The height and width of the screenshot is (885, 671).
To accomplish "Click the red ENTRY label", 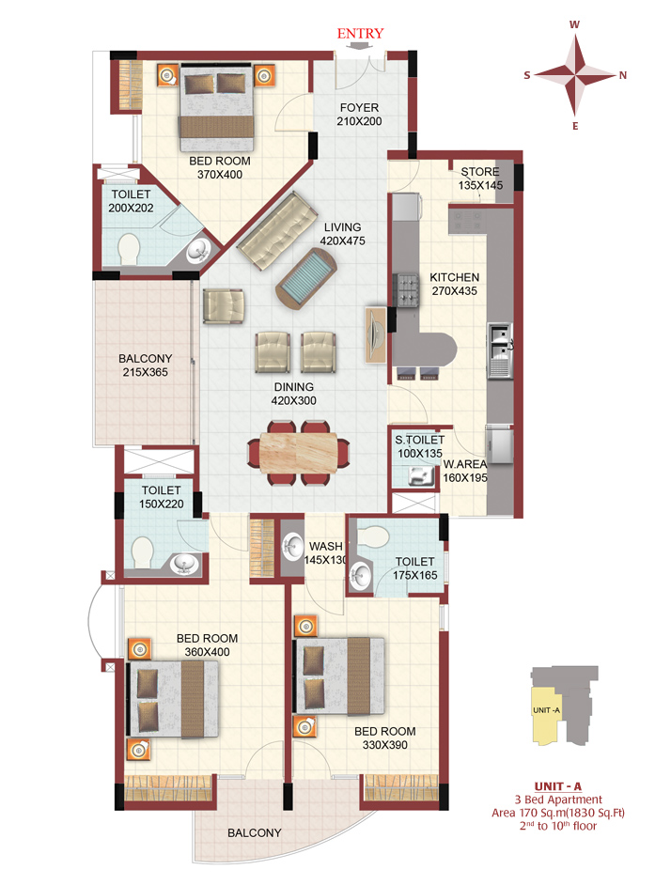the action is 360,33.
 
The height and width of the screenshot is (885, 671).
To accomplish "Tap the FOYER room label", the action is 359,107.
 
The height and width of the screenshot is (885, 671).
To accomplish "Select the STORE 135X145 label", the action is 480,179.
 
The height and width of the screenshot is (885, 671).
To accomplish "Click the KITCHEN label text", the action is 454,277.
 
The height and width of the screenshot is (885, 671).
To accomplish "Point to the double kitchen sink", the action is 499,349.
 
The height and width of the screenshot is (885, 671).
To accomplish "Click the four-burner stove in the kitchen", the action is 407,289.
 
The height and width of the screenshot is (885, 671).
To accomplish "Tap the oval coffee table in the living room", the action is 306,279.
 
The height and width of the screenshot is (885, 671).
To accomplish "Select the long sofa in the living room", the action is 277,231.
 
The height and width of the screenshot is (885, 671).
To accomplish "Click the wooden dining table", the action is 298,452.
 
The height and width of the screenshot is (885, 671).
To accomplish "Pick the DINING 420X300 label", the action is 294,394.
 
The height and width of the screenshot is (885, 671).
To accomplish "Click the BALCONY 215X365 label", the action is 145,365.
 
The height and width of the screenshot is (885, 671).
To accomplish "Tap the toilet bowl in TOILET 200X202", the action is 129,249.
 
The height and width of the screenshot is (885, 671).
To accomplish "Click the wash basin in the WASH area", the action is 292,547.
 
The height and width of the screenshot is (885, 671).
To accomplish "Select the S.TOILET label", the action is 420,440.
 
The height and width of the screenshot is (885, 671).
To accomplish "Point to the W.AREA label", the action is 464,464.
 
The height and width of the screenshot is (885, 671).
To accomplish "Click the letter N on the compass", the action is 623,76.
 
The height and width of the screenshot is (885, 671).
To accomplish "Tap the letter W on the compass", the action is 574,24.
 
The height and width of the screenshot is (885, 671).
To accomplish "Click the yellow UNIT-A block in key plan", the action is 546,715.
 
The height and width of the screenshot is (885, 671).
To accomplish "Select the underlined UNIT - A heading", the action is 558,786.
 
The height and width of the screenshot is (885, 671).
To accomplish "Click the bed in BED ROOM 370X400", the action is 216,107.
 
